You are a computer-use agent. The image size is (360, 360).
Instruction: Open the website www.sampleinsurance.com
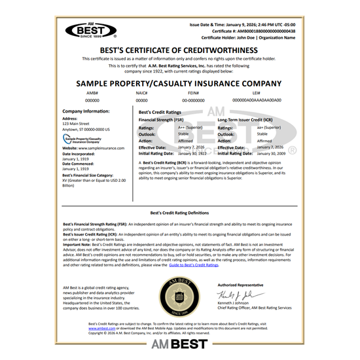coord(88,149)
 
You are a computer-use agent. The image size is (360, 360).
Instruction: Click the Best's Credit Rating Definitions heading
coord(179,213)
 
